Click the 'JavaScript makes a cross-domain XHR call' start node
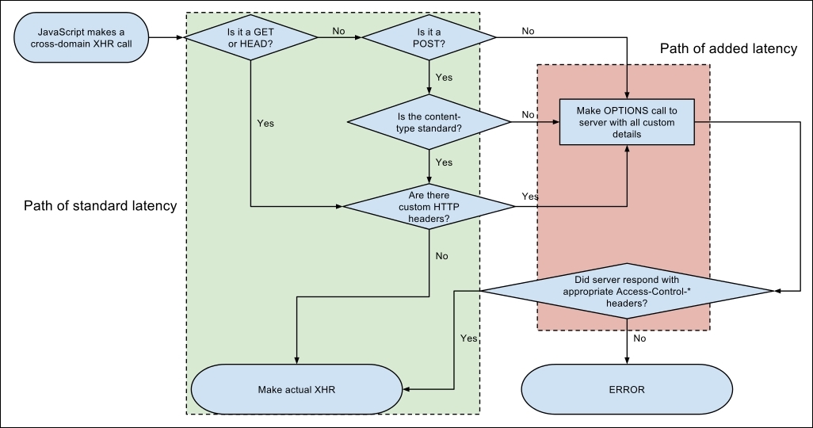pos(81,37)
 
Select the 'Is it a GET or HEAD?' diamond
pos(251,37)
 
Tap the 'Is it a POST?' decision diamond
pos(429,37)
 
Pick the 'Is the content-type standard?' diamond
pos(429,122)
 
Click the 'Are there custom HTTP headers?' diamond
pos(429,207)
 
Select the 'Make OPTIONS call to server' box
pos(627,122)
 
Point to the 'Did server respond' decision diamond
pos(627,291)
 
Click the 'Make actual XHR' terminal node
pos(296,389)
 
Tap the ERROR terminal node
pos(627,389)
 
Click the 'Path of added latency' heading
pos(728,48)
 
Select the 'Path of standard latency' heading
pos(101,205)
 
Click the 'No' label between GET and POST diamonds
pos(338,31)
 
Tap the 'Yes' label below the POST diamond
pos(444,78)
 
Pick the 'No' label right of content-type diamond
pos(528,115)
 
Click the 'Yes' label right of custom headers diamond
pos(530,196)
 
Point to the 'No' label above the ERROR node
pos(639,338)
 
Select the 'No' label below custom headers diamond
pos(441,256)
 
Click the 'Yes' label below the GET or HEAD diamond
pos(265,124)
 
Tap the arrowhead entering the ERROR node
pos(627,361)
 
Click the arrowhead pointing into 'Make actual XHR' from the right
pos(406,389)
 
